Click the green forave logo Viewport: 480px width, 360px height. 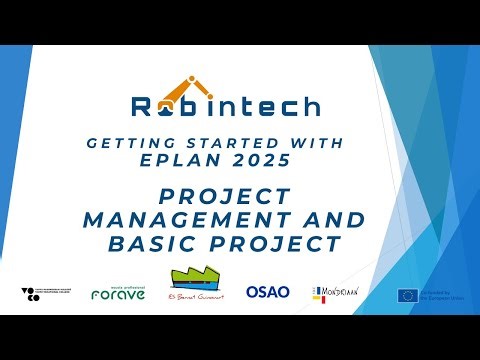(118, 292)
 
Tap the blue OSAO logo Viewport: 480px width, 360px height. (267, 292)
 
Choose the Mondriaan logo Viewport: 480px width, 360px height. (336, 292)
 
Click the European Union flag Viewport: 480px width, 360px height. (407, 294)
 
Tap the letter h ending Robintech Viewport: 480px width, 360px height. (310, 106)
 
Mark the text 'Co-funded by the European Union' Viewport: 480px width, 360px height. (442, 294)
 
